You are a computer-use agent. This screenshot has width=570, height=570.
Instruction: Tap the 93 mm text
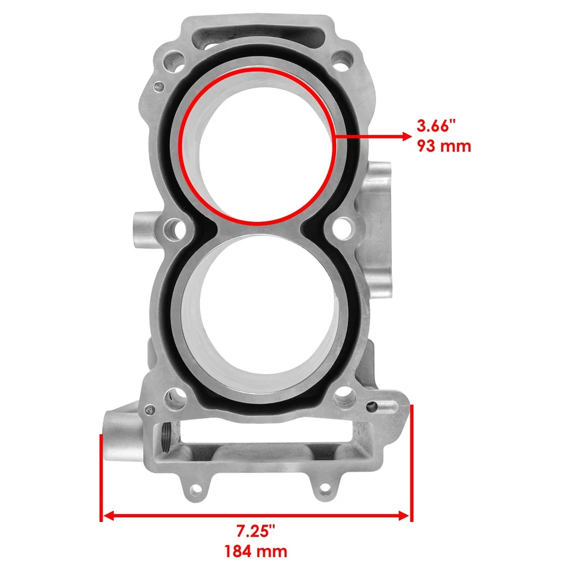click(x=444, y=145)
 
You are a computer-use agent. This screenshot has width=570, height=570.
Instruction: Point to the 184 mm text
click(x=256, y=551)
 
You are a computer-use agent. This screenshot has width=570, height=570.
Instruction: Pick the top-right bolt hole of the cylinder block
click(x=341, y=59)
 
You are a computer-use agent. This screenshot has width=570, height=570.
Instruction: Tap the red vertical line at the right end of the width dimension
click(x=411, y=463)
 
